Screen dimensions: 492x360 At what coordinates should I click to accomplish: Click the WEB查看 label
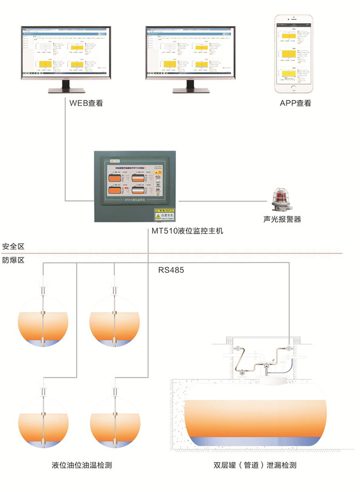click(x=86, y=103)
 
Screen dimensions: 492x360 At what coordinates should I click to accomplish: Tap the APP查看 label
click(x=295, y=103)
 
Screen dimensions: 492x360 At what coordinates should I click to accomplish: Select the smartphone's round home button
click(x=294, y=88)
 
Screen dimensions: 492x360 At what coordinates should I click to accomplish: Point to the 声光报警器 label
click(x=282, y=219)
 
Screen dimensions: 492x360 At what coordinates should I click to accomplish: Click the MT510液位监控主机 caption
click(x=187, y=230)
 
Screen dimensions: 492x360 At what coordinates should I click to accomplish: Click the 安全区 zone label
click(x=13, y=246)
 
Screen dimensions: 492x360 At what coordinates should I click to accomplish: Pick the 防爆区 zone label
click(x=13, y=260)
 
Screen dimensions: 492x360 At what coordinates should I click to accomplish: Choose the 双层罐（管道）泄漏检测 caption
click(x=255, y=465)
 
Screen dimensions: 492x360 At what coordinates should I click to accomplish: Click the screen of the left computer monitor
click(x=66, y=53)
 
